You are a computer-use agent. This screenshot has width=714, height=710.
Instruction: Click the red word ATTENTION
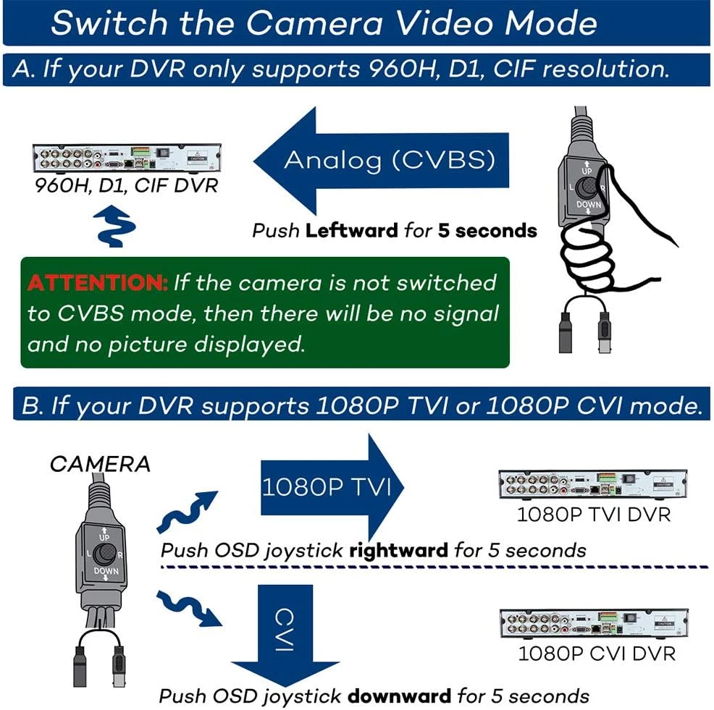click(x=98, y=283)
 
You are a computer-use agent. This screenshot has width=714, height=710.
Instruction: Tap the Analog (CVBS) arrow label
click(x=390, y=160)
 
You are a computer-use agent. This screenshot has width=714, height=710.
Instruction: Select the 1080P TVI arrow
click(x=332, y=487)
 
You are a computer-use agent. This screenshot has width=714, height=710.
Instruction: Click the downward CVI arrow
click(x=285, y=635)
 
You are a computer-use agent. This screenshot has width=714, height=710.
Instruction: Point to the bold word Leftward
click(x=351, y=231)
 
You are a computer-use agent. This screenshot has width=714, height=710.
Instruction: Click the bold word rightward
click(x=398, y=551)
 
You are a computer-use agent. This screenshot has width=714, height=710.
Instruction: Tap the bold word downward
click(x=399, y=696)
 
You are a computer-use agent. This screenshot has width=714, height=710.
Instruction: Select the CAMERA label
click(x=100, y=464)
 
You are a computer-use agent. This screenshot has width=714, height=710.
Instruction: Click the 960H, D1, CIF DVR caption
click(x=127, y=185)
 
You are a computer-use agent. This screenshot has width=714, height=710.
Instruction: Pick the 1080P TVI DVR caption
click(x=594, y=515)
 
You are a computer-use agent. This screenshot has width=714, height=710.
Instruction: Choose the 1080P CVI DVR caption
click(x=597, y=654)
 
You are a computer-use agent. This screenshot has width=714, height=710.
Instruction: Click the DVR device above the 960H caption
click(x=127, y=159)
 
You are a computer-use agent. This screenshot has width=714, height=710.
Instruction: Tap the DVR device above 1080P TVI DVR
click(x=593, y=484)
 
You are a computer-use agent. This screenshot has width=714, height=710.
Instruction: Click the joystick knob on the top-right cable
click(x=587, y=187)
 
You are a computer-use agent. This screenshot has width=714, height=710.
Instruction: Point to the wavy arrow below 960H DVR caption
click(x=114, y=227)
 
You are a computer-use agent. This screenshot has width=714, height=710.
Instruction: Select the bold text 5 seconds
click(x=487, y=231)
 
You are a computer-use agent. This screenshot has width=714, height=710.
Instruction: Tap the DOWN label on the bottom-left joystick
click(x=106, y=571)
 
